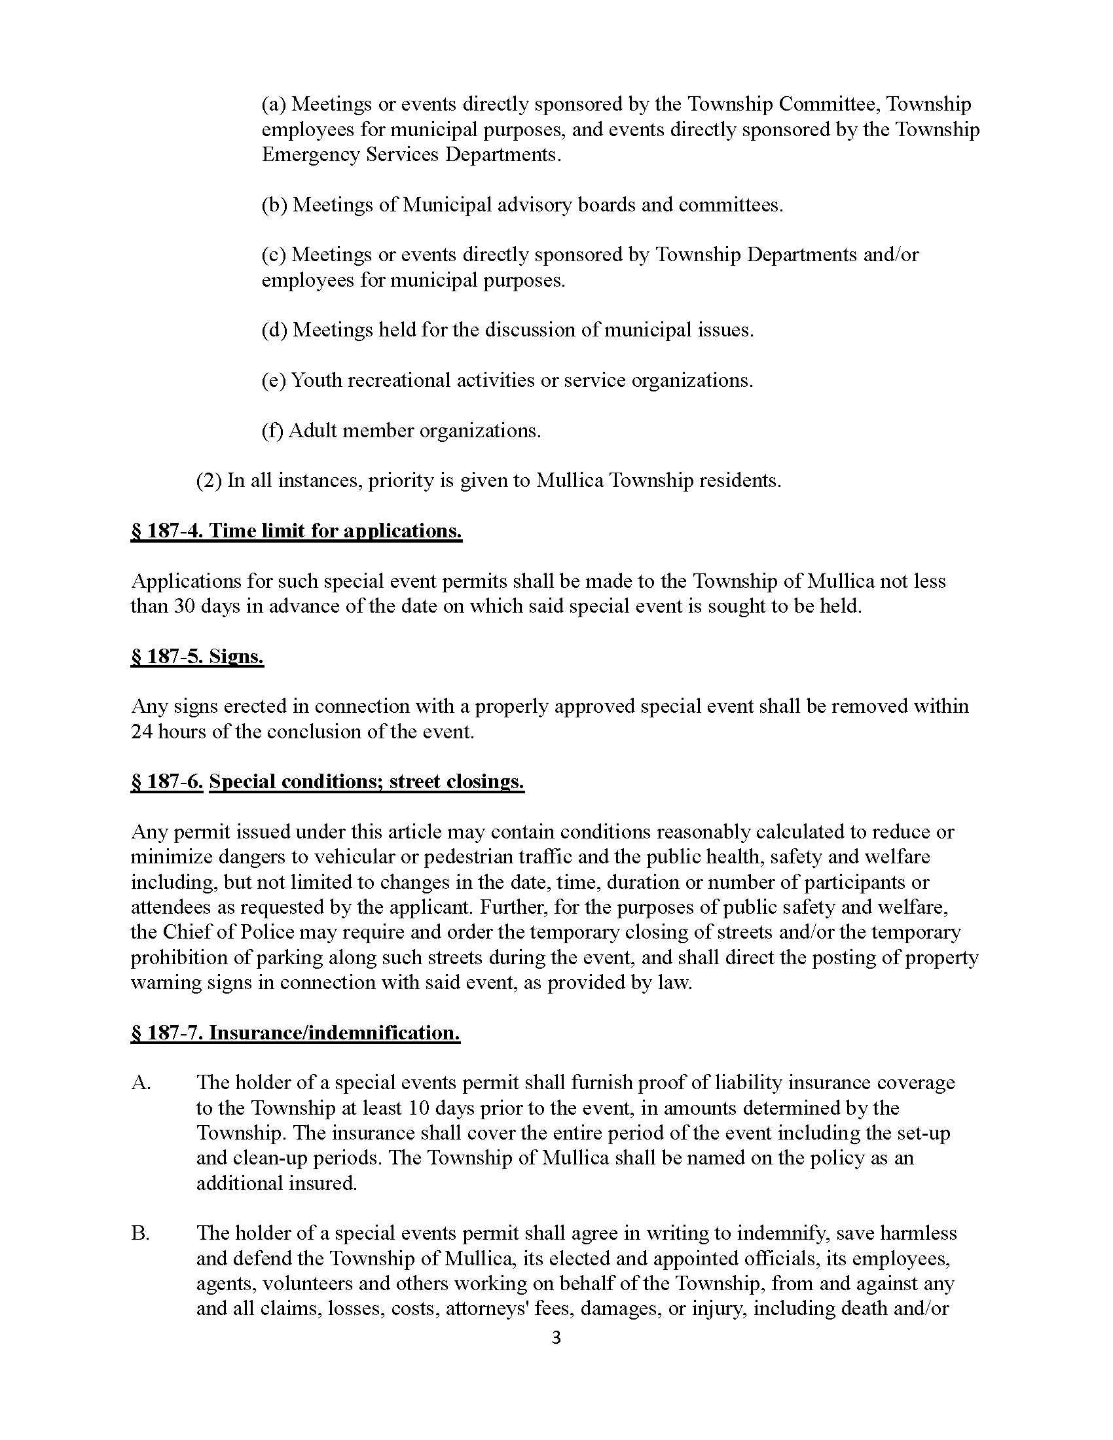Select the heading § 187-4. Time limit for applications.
296,531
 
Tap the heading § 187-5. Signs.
197,657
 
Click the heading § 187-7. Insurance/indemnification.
295,1032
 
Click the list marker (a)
274,104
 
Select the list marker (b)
274,205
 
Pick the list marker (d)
274,330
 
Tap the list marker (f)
272,431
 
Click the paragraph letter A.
141,1083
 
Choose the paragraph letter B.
140,1234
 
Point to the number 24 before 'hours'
142,732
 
